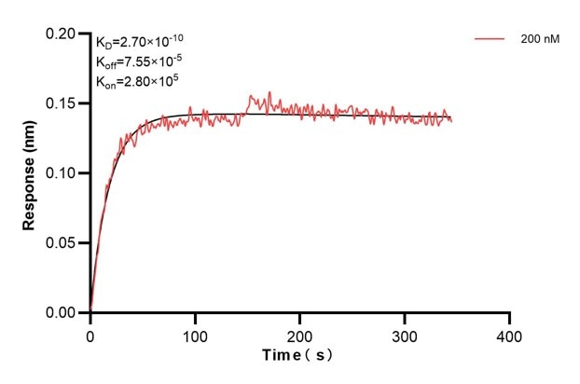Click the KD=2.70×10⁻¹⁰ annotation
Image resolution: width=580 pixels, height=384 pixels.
pyautogui.click(x=141, y=42)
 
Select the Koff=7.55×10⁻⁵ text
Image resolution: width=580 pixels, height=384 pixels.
pyautogui.click(x=139, y=62)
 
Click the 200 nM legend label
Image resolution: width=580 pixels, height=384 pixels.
pyautogui.click(x=539, y=40)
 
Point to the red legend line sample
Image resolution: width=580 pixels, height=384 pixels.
pyautogui.click(x=490, y=40)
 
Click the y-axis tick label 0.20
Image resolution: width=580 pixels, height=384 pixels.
pyautogui.click(x=65, y=34)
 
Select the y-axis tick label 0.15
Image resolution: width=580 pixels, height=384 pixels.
pyautogui.click(x=65, y=103)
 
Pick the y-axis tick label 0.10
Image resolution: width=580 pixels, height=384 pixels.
pyautogui.click(x=65, y=173)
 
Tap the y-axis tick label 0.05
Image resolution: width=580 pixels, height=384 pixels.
pyautogui.click(x=65, y=243)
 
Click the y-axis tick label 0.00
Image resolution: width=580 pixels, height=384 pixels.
pyautogui.click(x=65, y=313)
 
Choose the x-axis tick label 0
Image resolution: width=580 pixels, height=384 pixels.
pyautogui.click(x=90, y=334)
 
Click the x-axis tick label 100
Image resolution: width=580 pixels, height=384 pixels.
pyautogui.click(x=195, y=334)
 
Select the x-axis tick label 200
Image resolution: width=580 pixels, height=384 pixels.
pyautogui.click(x=299, y=334)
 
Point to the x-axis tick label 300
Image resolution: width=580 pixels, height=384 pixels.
pyautogui.click(x=405, y=334)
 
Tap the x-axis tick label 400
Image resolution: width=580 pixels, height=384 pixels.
pyautogui.click(x=509, y=334)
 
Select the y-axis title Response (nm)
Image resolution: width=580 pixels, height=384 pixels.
pyautogui.click(x=30, y=174)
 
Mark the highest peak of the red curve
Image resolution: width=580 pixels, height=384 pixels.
pyautogui.click(x=269, y=92)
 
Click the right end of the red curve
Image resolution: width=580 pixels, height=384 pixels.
pyautogui.click(x=451, y=120)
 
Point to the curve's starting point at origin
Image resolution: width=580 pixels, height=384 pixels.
pyautogui.click(x=90, y=311)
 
